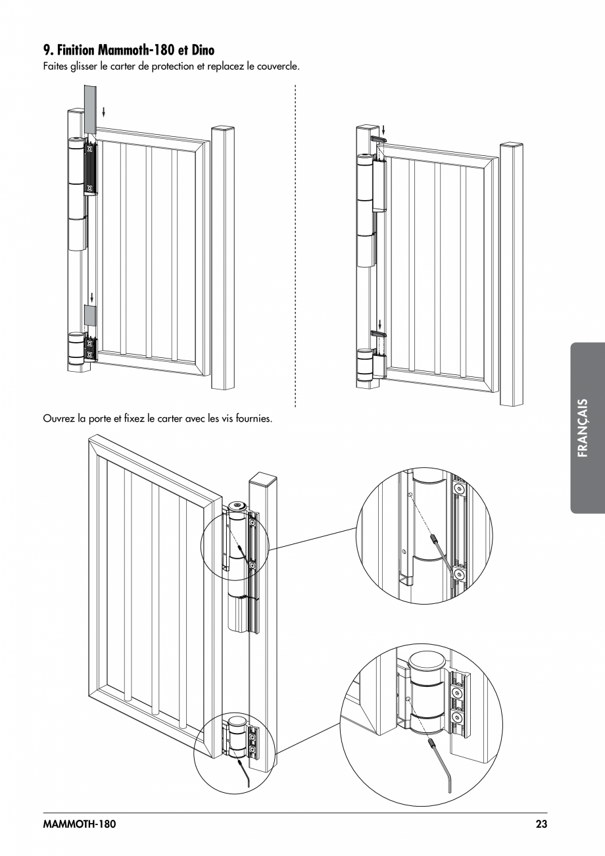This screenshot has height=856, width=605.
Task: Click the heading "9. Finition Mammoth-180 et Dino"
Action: tap(128, 49)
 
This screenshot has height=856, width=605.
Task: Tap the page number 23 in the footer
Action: tap(541, 824)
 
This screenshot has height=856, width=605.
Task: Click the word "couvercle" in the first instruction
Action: tap(278, 66)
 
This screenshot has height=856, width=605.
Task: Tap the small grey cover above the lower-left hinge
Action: tap(89, 315)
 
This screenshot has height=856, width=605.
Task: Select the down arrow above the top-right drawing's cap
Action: tap(385, 129)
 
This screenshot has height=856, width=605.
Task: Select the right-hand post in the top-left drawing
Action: tap(222, 257)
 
